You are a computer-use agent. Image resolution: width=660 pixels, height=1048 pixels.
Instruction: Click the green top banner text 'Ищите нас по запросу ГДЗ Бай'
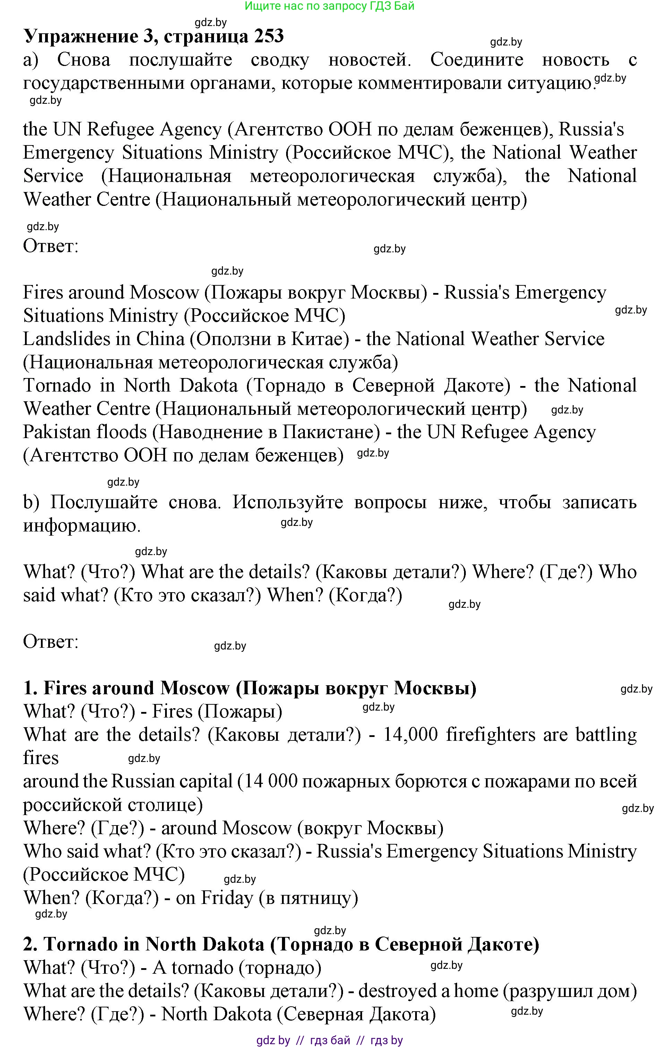329,6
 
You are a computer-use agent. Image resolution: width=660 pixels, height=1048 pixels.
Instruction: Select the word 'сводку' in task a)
280,60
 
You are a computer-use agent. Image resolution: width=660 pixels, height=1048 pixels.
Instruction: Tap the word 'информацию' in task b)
81,526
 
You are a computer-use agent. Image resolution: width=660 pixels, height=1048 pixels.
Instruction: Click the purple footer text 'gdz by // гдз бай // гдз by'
329,1040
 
